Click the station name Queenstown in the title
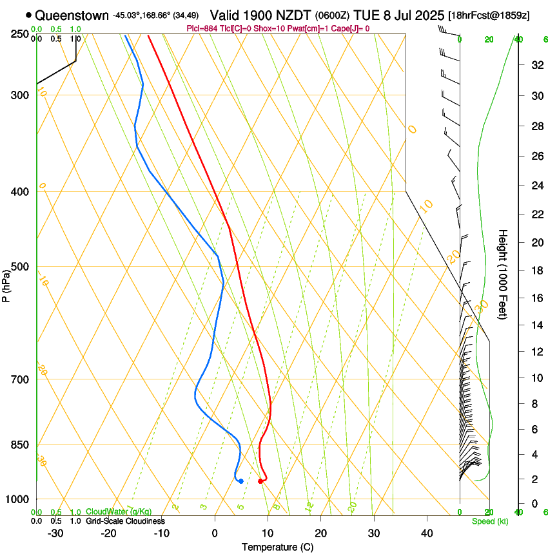(x=72, y=15)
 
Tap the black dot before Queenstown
(x=28, y=15)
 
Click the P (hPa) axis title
(x=6, y=281)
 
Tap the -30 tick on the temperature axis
(x=55, y=533)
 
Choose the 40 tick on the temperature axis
(x=427, y=533)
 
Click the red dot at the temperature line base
(x=260, y=481)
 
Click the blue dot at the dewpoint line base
(x=240, y=481)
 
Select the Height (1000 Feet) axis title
(x=504, y=274)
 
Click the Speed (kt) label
(x=489, y=521)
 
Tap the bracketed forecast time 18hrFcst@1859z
(x=489, y=15)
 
